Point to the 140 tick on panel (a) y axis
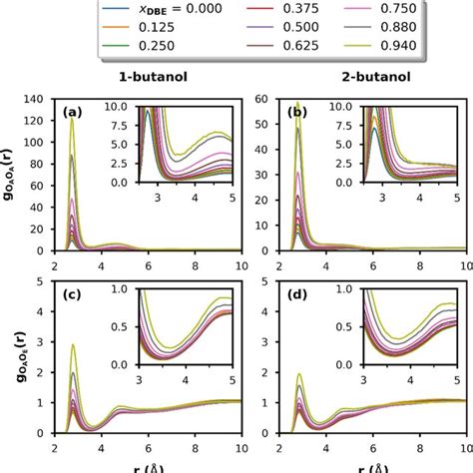click(45, 100)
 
